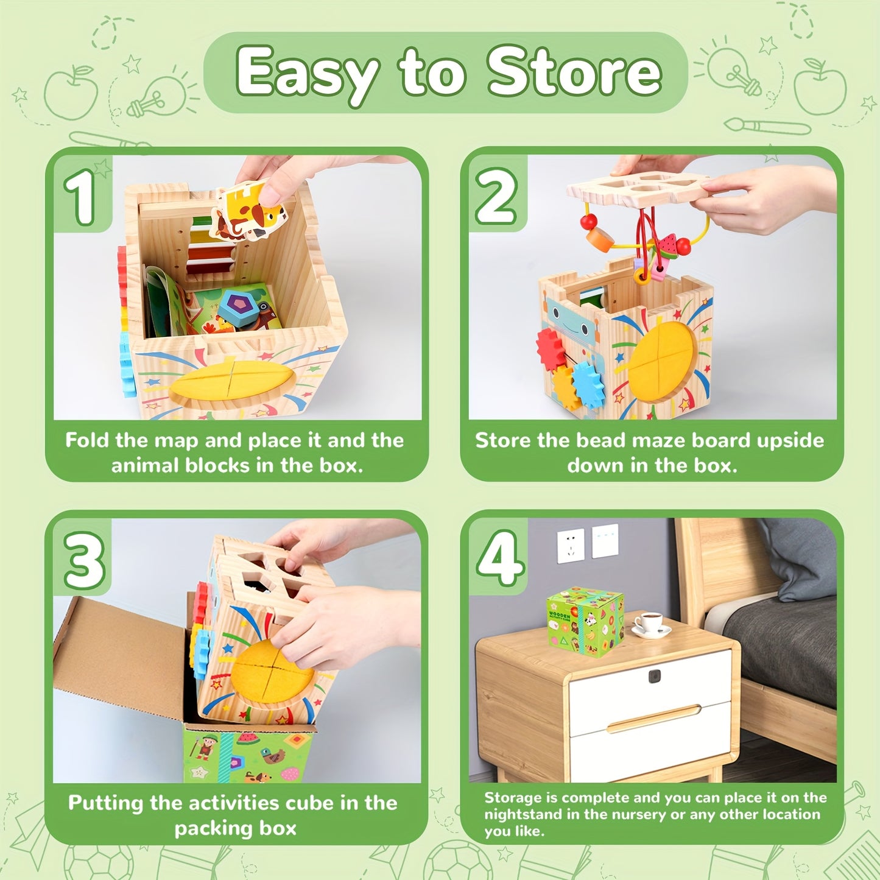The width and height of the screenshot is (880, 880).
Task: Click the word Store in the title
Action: pyautogui.click(x=574, y=73)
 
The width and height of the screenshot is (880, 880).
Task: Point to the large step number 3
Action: pyautogui.click(x=83, y=560)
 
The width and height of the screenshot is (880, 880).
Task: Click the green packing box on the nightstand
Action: pyautogui.click(x=585, y=621)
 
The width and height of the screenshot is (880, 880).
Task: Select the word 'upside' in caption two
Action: pyautogui.click(x=790, y=440)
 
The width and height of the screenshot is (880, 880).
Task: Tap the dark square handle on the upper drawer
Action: pyautogui.click(x=655, y=676)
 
